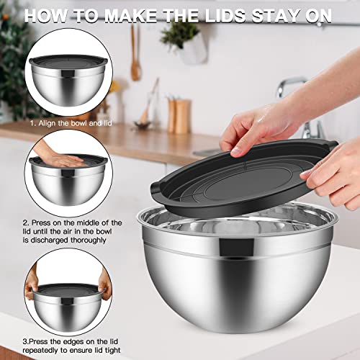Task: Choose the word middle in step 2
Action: pyautogui.click(x=91, y=222)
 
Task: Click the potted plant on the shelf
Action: pyautogui.click(x=180, y=40)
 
